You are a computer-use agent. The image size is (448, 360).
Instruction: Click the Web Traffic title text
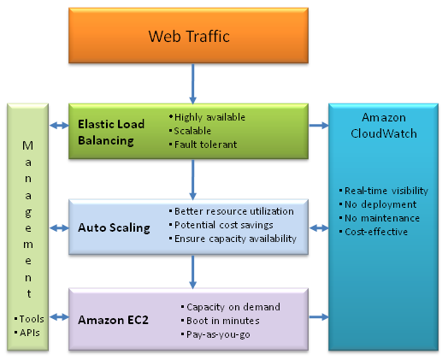(x=189, y=36)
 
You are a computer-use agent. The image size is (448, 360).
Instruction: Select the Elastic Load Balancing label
(x=111, y=133)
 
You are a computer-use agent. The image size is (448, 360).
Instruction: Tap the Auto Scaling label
(x=114, y=228)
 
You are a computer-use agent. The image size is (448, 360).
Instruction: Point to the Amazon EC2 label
(x=113, y=320)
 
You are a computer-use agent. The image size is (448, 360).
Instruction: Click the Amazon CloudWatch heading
(x=384, y=126)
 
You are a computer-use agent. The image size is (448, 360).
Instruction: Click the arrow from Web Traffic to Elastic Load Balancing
(x=193, y=84)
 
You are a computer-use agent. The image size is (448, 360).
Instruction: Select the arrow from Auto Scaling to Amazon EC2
(x=193, y=272)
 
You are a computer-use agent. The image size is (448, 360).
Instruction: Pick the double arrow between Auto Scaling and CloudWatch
(x=319, y=228)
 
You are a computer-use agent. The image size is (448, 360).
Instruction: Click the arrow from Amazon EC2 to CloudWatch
(x=319, y=317)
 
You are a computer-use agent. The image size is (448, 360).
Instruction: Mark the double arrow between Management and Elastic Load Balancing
(x=59, y=125)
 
